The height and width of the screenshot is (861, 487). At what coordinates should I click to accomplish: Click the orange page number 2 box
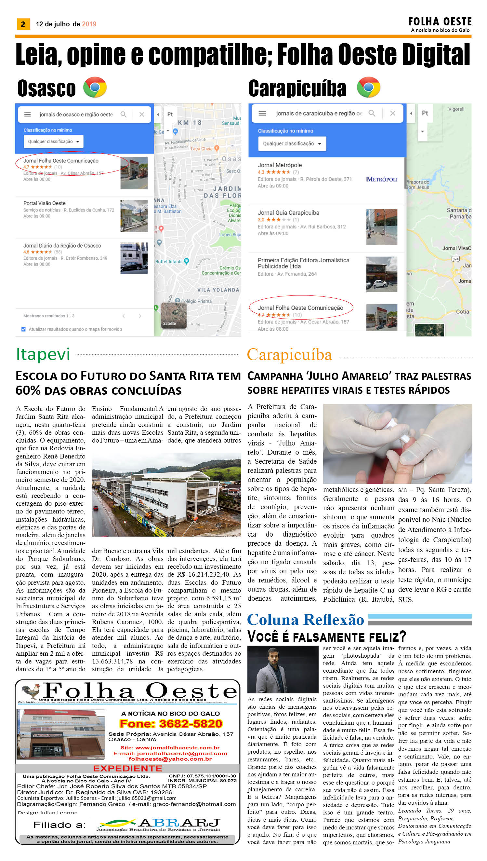click(x=23, y=24)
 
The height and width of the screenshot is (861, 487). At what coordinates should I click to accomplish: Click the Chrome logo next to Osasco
click(x=95, y=88)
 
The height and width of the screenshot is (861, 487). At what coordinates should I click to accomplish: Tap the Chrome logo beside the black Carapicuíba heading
click(x=368, y=88)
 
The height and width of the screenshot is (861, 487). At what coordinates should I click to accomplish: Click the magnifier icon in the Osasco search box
click(x=124, y=115)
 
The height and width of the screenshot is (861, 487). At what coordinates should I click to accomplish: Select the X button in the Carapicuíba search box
click(x=393, y=114)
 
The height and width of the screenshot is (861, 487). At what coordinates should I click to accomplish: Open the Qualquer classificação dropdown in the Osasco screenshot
click(x=54, y=142)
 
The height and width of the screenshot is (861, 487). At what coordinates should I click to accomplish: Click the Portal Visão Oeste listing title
click(x=45, y=203)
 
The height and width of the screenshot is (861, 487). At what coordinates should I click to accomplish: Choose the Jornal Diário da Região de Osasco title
click(x=62, y=246)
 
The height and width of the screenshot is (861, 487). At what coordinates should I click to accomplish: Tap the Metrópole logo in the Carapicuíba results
click(x=382, y=179)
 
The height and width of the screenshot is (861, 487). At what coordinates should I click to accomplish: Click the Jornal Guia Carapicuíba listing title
click(x=288, y=213)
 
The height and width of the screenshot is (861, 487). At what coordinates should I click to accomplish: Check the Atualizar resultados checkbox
click(x=23, y=329)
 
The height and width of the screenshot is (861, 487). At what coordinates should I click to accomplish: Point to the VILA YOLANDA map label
click(x=218, y=290)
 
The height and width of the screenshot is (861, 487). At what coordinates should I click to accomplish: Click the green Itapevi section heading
click(x=43, y=354)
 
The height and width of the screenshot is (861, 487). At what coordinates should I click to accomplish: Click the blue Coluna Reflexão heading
click(x=305, y=620)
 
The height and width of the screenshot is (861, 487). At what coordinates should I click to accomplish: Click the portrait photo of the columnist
click(x=283, y=670)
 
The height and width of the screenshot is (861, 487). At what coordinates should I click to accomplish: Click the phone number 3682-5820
click(x=171, y=724)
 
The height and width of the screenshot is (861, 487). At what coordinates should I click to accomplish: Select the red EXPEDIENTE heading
click(x=127, y=768)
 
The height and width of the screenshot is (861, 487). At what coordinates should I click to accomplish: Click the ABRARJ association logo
click(x=159, y=824)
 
